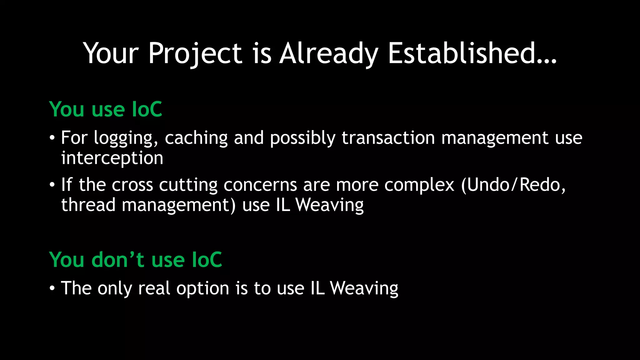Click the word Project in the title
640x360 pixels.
(195, 54)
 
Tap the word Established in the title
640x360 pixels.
(472, 54)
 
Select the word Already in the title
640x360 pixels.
(329, 54)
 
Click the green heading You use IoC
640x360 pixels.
(106, 109)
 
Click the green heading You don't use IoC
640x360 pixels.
(135, 260)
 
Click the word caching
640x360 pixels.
(196, 138)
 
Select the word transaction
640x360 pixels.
(388, 138)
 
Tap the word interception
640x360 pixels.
(112, 158)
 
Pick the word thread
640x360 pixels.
(88, 205)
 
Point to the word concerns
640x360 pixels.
(260, 185)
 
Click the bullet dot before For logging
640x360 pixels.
(52, 138)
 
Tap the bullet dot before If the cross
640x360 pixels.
(52, 185)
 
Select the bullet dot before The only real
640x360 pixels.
(52, 288)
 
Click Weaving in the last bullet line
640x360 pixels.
(364, 288)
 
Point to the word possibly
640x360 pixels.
(302, 138)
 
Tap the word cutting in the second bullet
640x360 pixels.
(188, 185)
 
